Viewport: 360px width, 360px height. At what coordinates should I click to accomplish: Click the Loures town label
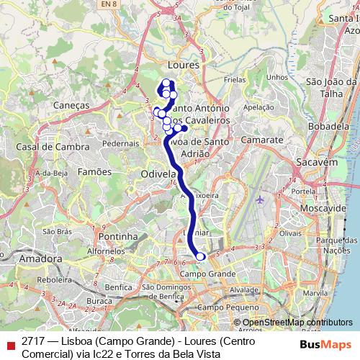click(182, 65)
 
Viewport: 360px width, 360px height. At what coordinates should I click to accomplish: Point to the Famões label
click(94, 171)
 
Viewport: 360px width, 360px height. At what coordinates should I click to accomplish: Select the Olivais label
click(290, 233)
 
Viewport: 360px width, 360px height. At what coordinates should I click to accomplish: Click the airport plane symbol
click(260, 199)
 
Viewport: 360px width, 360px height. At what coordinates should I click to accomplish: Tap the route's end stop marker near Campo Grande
click(200, 256)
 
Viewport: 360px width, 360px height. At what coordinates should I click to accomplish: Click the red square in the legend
click(9, 344)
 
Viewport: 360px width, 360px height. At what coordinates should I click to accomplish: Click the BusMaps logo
click(326, 344)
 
